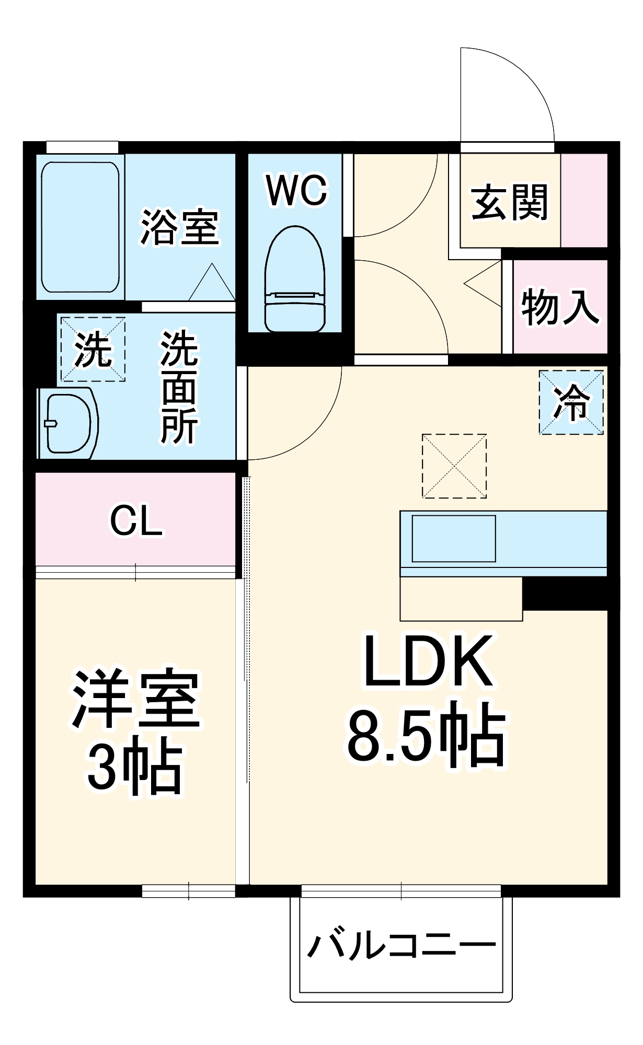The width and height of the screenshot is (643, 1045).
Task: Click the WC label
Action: coord(296,190)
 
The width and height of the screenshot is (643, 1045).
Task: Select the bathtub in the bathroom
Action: coord(80,227)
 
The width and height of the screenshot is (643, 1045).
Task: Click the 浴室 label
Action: coord(180,227)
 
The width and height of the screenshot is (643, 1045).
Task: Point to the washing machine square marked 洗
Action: coord(93,349)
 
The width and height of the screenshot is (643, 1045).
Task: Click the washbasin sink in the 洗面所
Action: coord(68,423)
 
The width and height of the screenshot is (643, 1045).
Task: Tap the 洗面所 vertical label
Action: coord(179,387)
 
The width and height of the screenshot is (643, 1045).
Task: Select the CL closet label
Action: coord(136,520)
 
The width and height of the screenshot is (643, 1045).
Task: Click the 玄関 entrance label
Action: coord(509,202)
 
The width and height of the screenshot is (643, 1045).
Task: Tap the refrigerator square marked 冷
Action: coord(571,402)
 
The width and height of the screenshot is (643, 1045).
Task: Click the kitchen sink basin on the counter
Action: coord(453,539)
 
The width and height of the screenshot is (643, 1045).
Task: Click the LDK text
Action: coord(428,660)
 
